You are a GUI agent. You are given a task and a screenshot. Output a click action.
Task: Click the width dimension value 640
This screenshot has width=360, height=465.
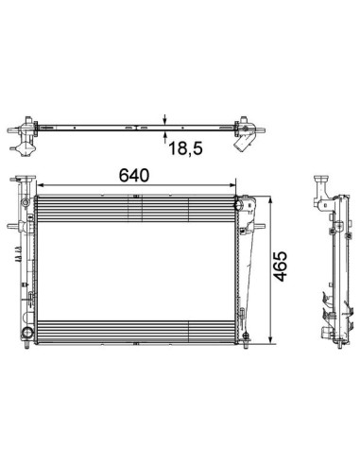133,175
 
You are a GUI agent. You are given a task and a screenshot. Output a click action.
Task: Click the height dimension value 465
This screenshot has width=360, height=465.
280,267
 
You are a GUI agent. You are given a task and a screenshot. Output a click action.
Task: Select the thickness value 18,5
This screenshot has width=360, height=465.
186,148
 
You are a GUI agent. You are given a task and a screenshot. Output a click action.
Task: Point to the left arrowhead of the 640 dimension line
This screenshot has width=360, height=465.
40,185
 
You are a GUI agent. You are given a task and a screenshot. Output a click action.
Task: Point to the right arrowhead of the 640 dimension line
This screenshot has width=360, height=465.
232,185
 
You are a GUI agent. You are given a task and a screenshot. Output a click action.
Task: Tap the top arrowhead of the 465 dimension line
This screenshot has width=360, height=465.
270,199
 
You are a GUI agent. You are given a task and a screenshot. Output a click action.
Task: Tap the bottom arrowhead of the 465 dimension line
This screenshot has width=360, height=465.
270,339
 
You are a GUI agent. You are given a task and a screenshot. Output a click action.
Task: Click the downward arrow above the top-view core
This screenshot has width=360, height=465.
165,119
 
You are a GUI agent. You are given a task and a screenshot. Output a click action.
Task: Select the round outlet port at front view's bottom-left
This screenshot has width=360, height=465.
26,333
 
